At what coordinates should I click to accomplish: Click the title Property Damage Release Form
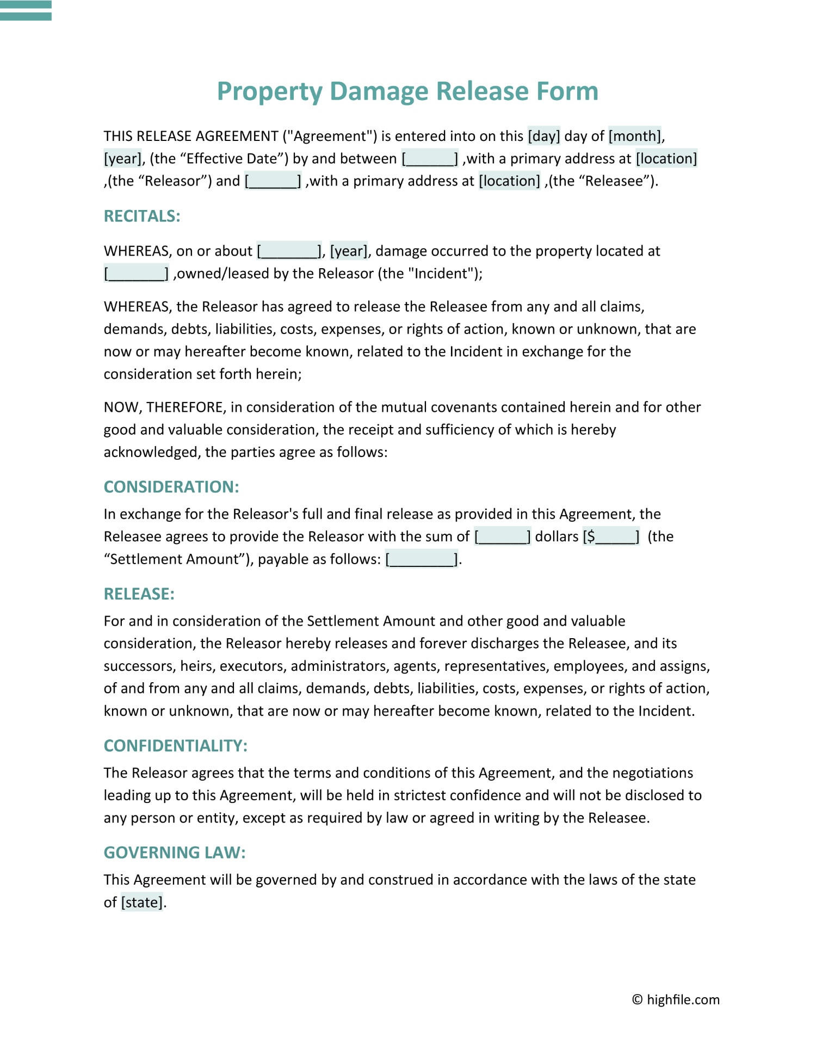(407, 91)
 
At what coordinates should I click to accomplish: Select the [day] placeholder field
(543, 136)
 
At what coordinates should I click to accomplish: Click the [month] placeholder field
(635, 136)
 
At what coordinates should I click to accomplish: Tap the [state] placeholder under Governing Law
(141, 903)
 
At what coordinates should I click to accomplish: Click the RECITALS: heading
(142, 217)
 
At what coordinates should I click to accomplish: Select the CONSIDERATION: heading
(171, 487)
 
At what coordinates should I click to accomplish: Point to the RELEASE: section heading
(139, 594)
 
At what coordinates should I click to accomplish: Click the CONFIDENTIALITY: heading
(176, 746)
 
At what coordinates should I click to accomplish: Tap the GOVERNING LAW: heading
(175, 853)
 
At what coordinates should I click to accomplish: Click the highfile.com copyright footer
(676, 999)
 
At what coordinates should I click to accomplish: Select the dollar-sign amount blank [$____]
(611, 537)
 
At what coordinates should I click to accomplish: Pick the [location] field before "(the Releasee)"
(509, 181)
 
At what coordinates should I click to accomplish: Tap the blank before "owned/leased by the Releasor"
(137, 274)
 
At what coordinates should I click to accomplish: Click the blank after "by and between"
(430, 159)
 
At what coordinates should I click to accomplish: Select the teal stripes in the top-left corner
(26, 10)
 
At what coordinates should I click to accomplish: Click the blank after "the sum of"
(502, 537)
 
